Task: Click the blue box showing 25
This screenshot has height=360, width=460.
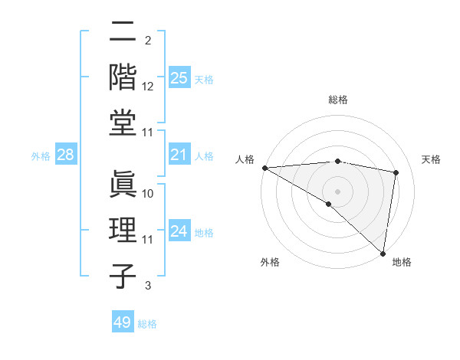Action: pos(179,77)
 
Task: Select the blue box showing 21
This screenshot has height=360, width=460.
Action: pos(179,155)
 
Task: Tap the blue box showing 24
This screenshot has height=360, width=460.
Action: pos(179,231)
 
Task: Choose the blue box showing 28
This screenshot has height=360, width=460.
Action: pos(66,155)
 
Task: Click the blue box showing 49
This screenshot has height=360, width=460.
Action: pos(123,322)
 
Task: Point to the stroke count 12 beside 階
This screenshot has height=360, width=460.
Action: pos(148,87)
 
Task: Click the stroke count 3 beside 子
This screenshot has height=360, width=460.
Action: pos(148,286)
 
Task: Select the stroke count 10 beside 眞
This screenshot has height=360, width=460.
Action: pos(148,194)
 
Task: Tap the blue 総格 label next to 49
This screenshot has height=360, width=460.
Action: pos(147,324)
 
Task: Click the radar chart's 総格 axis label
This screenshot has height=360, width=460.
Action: pos(338,100)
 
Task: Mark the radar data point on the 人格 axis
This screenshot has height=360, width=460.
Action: pos(264,168)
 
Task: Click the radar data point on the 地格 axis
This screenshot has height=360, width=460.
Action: pos(383,253)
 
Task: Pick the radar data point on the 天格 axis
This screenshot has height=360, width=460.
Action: pos(396,172)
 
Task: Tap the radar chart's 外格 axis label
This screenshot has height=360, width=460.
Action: pos(270,262)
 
